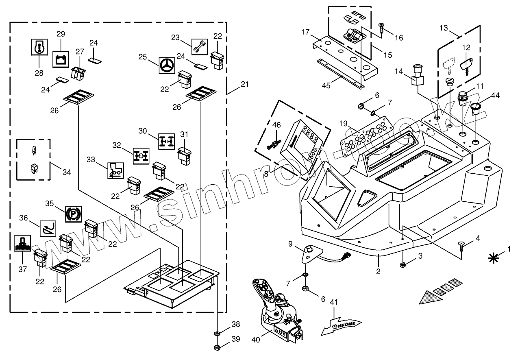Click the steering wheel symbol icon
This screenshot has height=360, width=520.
coord(167,66)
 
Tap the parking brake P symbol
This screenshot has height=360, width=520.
coord(73,214)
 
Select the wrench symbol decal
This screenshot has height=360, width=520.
coord(199,47)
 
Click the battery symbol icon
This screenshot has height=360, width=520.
coord(61,59)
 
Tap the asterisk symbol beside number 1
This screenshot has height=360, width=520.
coord(494,258)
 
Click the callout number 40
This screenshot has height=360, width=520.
coord(256,340)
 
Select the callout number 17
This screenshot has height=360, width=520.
coord(305,32)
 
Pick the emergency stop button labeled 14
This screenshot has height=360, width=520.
coord(418,74)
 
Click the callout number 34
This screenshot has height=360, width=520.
coord(67,172)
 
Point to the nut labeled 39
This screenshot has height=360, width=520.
coord(217,348)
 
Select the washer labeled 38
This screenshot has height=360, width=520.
coord(217,334)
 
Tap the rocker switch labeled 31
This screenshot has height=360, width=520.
coord(185,156)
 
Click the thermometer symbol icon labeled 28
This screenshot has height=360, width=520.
coord(39,47)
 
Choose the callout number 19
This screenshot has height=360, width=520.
coord(343,124)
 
